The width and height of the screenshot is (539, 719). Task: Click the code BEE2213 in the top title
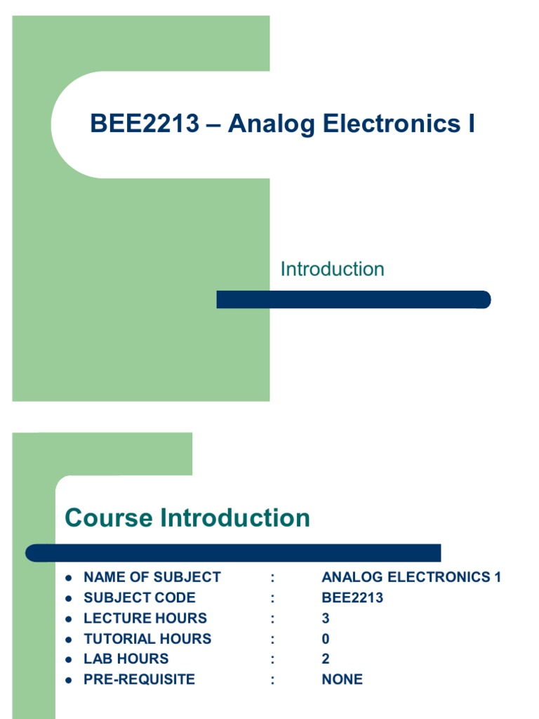(145, 124)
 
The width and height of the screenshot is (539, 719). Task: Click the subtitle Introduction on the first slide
(332, 270)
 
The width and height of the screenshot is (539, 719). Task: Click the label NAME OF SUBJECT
(152, 577)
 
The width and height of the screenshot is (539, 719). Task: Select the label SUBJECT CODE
(140, 598)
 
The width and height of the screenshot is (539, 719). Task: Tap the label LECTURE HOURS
(145, 618)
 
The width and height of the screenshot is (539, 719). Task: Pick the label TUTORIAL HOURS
(147, 638)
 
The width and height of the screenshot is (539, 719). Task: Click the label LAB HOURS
(126, 659)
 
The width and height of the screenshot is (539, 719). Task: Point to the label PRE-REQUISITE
(140, 679)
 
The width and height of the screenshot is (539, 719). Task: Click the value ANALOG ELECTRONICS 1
(411, 577)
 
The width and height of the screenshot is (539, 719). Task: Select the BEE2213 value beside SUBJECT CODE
(352, 598)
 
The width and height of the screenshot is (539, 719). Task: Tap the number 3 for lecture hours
(326, 618)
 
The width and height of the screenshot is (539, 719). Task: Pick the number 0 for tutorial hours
(326, 638)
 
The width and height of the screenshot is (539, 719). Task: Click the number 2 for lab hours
(326, 659)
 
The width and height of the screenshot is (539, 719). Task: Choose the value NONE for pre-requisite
(342, 679)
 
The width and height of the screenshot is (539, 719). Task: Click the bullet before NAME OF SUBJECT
(69, 578)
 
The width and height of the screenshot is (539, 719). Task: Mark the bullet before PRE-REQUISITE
(69, 680)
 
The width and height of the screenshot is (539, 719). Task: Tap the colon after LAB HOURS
(272, 659)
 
